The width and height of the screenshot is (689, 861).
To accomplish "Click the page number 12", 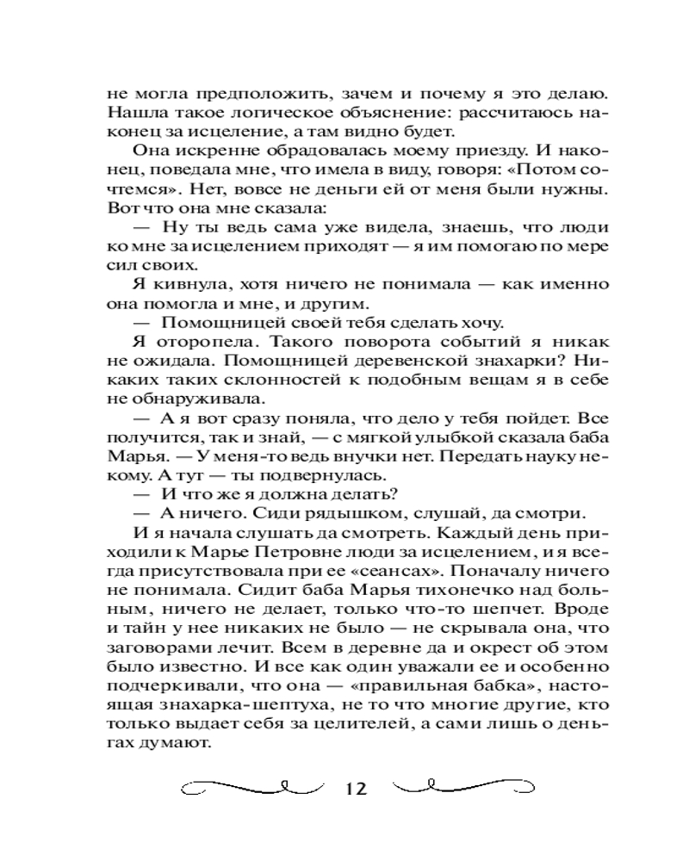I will click(x=354, y=788).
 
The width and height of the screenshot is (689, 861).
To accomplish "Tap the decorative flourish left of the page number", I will click(x=250, y=787).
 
